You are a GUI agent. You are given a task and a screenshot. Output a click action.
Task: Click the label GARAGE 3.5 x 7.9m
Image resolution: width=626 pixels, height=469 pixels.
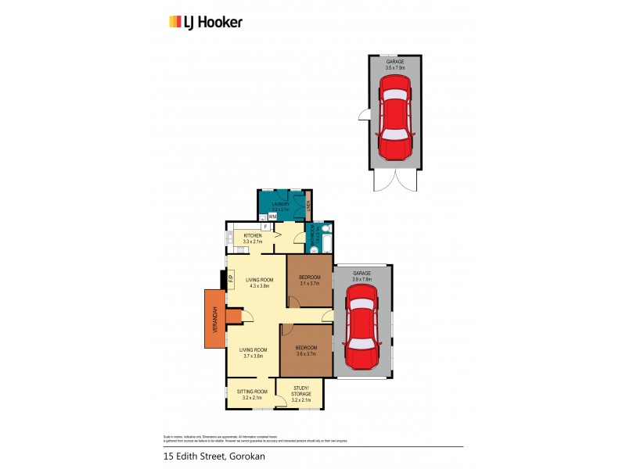click(x=395, y=65)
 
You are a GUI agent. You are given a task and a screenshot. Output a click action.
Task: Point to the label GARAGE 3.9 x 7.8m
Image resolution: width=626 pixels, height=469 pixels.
click(x=362, y=276)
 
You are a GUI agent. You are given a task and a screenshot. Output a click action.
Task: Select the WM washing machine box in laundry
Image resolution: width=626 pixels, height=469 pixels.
click(x=273, y=217)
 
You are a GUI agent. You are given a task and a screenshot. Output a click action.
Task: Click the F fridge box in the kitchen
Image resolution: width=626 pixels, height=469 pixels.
click(x=266, y=227)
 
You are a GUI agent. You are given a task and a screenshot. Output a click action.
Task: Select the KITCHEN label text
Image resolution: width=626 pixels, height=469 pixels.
click(x=253, y=235)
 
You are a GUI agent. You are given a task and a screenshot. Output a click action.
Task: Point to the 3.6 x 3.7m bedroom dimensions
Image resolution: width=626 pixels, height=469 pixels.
click(x=307, y=354)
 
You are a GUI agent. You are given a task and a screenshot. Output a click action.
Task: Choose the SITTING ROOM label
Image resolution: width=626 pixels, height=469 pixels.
click(x=252, y=391)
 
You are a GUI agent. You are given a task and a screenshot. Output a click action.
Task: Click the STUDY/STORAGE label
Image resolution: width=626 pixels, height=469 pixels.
click(x=301, y=391)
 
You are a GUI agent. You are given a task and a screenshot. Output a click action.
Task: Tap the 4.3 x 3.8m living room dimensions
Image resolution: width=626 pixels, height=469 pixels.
click(x=259, y=286)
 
